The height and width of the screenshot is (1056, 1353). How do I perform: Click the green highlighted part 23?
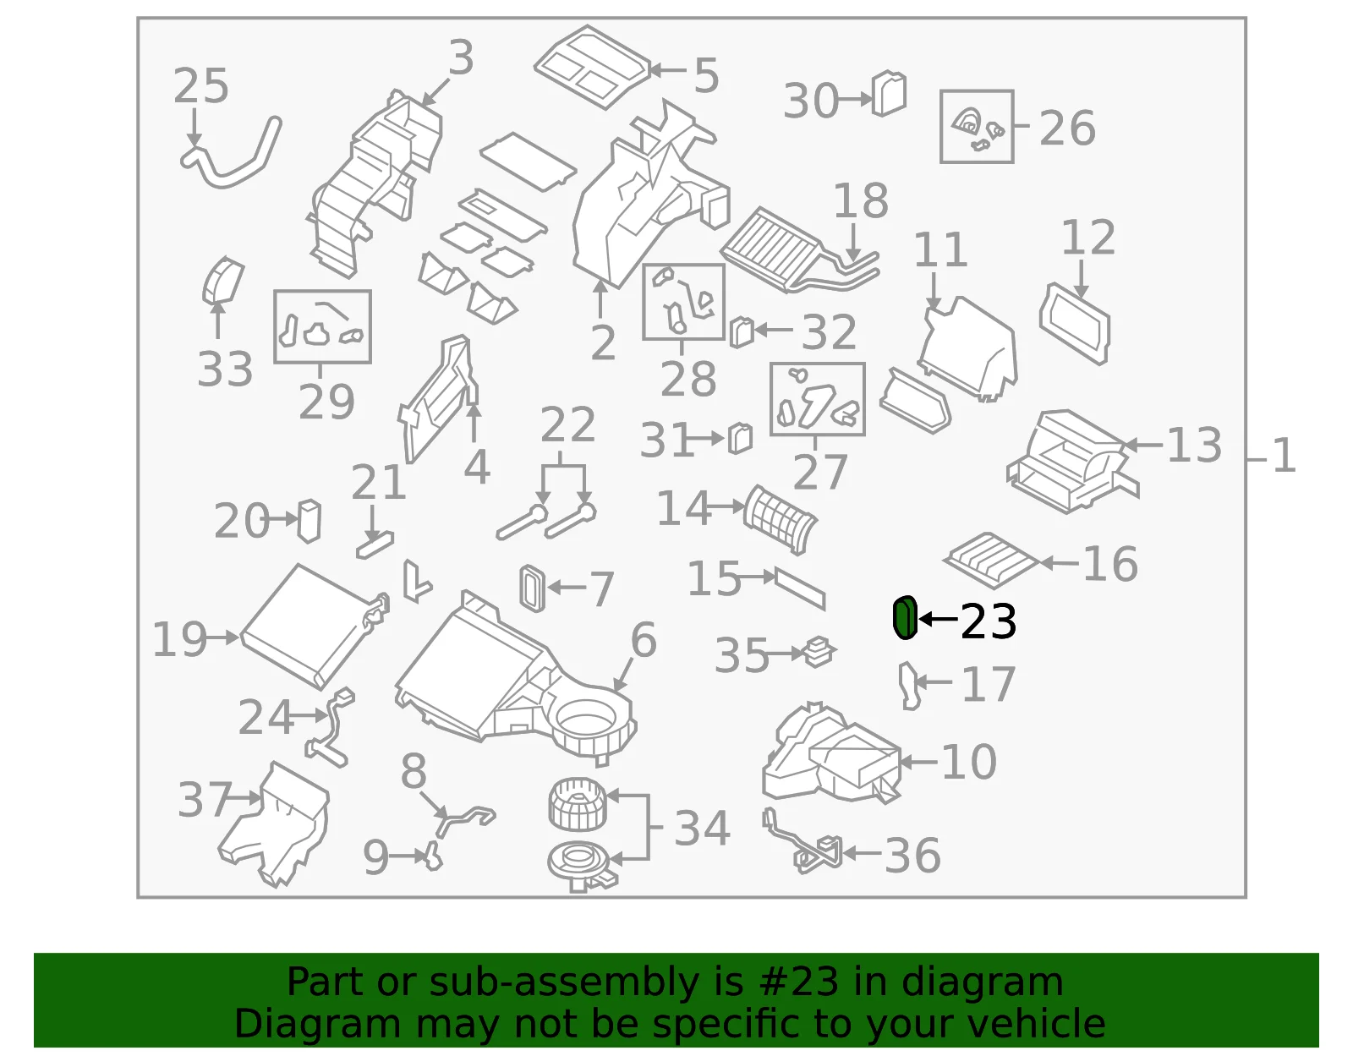click(x=905, y=617)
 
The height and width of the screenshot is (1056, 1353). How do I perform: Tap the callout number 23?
click(x=989, y=621)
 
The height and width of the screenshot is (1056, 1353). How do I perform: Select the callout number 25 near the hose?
click(x=201, y=86)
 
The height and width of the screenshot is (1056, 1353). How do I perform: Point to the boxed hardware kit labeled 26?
click(x=977, y=127)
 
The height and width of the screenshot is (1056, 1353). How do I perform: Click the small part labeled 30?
click(x=889, y=94)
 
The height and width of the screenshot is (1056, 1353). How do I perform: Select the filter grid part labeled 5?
click(x=592, y=67)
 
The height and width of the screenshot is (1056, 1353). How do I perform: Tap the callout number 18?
click(x=861, y=200)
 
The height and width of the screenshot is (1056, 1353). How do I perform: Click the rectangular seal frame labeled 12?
click(x=1074, y=324)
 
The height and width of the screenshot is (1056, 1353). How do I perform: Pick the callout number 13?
click(x=1194, y=445)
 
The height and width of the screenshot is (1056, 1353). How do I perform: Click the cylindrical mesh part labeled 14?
click(x=781, y=519)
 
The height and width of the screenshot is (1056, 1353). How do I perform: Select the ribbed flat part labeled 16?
click(x=991, y=560)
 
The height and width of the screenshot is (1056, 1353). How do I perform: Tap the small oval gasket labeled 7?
click(x=533, y=588)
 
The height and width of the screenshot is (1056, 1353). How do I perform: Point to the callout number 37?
click(x=205, y=800)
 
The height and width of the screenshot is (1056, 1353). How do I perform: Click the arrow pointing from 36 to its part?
click(x=862, y=853)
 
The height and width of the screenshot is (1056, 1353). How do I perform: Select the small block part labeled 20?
click(x=309, y=521)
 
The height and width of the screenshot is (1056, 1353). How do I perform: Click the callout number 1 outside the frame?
click(x=1284, y=456)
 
